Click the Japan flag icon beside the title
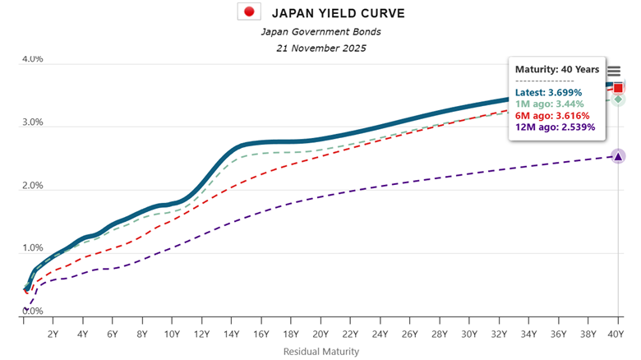click(x=249, y=12)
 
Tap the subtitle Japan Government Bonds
click(x=320, y=31)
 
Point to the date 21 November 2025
click(x=320, y=48)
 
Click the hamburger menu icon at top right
click(x=614, y=72)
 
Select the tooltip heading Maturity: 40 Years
click(x=556, y=70)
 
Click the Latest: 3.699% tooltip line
click(x=548, y=93)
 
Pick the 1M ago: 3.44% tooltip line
click(x=549, y=104)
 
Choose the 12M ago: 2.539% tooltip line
click(x=555, y=127)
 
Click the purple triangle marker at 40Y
click(x=618, y=156)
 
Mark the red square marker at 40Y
click(x=618, y=87)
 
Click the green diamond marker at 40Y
click(x=618, y=99)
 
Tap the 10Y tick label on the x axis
click(x=173, y=335)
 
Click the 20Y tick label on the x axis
click(x=320, y=335)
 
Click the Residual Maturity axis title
click(x=320, y=351)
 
